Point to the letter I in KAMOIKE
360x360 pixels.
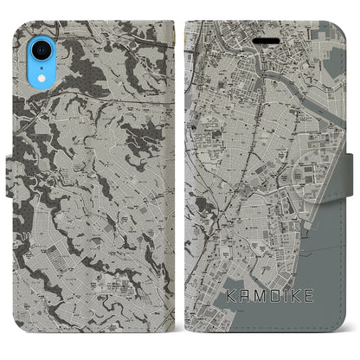tap(283, 317)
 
